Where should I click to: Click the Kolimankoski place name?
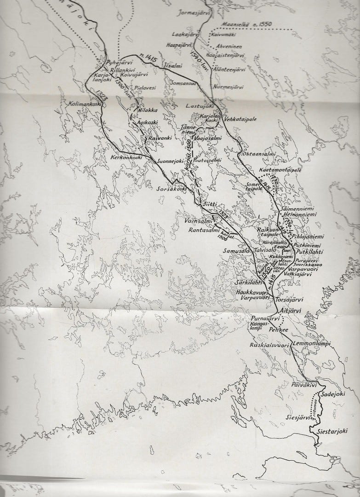click(x=84, y=104)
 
